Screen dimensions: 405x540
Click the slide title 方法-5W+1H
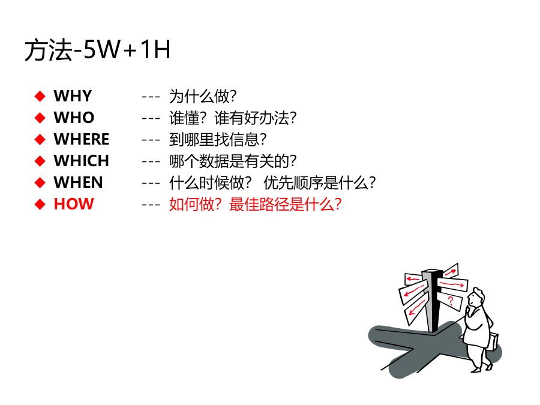point(97,51)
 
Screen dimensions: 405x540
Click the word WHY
point(73,96)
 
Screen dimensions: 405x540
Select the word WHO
point(74,118)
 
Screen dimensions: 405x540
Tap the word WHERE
point(82,139)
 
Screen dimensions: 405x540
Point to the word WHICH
point(82,161)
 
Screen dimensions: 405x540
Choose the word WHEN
point(78,182)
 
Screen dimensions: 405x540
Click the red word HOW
point(74,204)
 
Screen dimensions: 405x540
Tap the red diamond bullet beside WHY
point(40,96)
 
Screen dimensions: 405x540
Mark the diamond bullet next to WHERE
point(40,139)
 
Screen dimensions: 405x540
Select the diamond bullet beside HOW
point(40,204)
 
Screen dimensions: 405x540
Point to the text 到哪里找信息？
point(218,139)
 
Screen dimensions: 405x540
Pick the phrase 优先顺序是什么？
point(320,182)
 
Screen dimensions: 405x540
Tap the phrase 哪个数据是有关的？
point(233,161)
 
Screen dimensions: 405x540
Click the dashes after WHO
point(151,118)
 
